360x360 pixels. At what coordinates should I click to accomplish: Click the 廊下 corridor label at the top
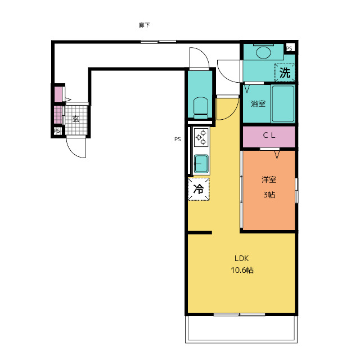144,25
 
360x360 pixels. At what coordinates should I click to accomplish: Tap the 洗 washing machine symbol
285,73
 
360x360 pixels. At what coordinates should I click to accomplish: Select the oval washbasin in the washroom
263,52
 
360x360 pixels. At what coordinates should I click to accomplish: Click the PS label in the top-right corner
289,48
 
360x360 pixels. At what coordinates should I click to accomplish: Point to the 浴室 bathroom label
258,103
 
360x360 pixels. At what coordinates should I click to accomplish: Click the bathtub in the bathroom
283,103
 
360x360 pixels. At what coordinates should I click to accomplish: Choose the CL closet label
269,135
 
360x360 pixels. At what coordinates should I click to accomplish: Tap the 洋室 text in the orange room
269,179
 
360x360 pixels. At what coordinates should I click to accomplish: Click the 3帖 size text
269,195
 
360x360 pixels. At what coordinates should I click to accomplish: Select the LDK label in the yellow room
241,258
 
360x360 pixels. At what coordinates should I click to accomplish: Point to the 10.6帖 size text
242,270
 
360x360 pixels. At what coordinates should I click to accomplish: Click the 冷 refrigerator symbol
199,189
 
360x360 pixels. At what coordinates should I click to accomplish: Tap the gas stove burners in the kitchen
201,137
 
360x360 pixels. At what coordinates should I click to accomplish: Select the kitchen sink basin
201,164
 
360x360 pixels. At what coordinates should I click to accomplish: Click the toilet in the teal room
201,107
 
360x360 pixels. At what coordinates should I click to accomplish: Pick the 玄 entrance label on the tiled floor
76,119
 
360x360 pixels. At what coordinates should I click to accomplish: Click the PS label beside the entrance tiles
57,131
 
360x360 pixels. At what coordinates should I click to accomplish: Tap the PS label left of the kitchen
178,139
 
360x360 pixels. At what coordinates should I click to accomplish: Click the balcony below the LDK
241,329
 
